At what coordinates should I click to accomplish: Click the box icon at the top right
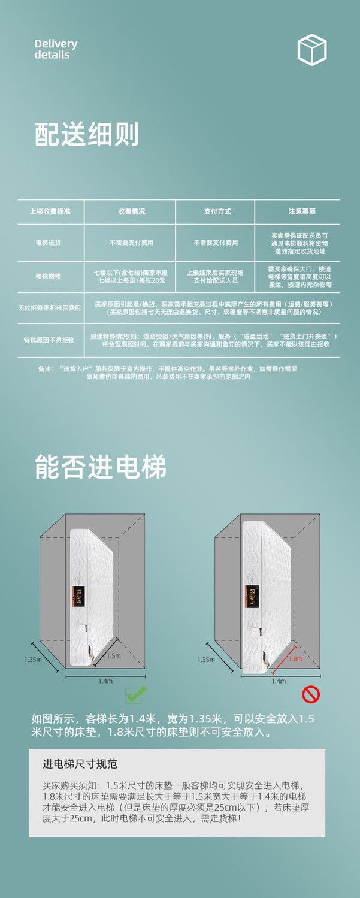pos(312,49)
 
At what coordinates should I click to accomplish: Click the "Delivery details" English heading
pos(56,49)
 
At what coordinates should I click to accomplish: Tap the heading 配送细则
pos(86,135)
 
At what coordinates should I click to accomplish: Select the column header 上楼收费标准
pos(50,211)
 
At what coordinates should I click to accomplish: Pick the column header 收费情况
pos(131,211)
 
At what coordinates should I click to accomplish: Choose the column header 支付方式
pos(216,211)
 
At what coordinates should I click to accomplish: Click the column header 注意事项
pos(301,211)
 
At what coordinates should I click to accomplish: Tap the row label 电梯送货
pos(49,243)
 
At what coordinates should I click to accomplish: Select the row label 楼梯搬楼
pos(49,276)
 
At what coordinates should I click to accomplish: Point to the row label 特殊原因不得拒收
pos(49,340)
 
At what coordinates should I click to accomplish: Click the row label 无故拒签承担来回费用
pos(49,308)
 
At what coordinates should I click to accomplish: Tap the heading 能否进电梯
pos(100,467)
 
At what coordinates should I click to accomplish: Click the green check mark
pos(135,694)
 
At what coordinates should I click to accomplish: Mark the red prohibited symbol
pos(310,694)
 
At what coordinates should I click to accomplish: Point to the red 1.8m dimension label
pos(295,658)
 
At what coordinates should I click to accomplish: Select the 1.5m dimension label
pos(113,655)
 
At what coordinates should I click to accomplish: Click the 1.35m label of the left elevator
pos(33,659)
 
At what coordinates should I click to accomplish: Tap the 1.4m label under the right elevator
pos(279,681)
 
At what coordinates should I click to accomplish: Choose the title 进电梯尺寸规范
pos(80,764)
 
